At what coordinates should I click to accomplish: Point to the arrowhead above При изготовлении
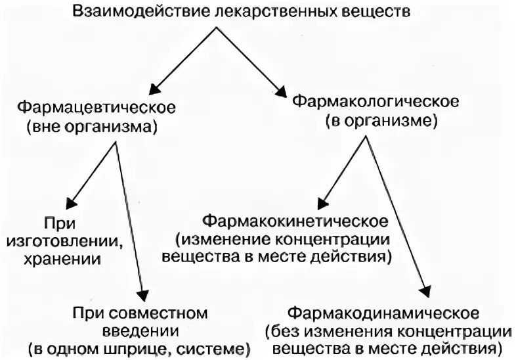70,200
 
